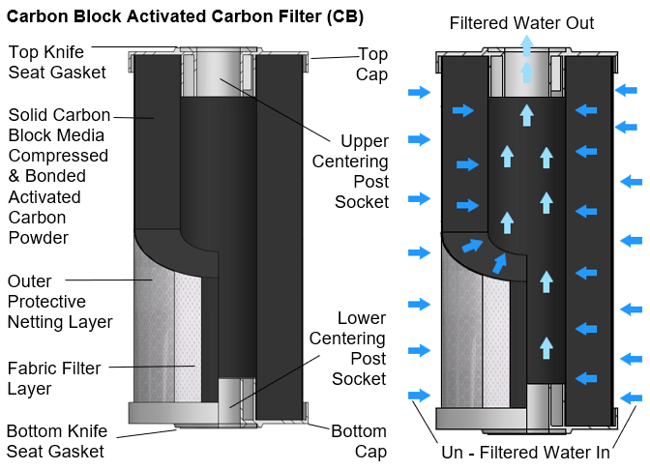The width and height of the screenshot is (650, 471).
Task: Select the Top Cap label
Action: [372, 64]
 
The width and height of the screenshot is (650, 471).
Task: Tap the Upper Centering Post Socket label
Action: [361, 171]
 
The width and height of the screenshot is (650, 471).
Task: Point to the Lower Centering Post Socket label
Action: [361, 348]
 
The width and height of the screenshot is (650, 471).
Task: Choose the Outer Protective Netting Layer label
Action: [60, 301]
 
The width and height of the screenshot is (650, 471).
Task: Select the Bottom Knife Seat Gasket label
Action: [55, 441]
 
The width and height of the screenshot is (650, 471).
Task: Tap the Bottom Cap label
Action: [358, 441]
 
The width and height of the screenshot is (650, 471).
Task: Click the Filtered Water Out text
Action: [522, 23]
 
